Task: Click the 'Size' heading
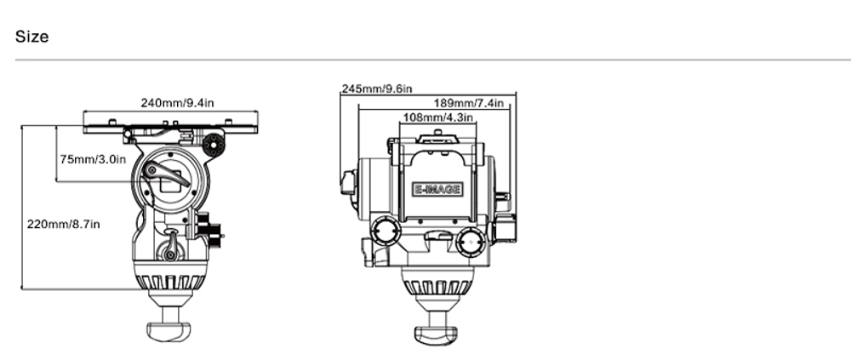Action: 32,37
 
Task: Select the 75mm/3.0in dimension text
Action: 93,159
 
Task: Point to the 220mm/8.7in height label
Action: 64,224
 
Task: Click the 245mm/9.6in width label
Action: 377,89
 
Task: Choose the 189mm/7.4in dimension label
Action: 469,103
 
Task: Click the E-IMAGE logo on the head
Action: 437,190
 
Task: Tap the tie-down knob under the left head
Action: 169,330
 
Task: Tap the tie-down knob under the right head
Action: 437,332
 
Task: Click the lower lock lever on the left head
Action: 171,249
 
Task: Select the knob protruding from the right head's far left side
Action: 348,183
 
